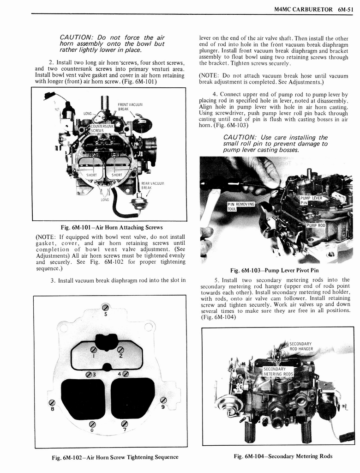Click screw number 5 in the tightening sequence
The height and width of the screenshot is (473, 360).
(105, 308)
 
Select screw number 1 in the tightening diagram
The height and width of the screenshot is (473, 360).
(94, 349)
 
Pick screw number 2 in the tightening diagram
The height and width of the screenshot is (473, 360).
(120, 349)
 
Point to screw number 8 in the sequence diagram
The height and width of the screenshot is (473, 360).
(52, 402)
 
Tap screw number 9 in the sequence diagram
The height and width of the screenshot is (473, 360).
(163, 400)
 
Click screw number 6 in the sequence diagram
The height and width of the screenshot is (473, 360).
(92, 424)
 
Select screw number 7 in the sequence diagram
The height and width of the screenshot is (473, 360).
(124, 424)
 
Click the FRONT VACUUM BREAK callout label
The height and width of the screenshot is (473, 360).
(129, 107)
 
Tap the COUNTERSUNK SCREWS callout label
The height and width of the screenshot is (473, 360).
(102, 128)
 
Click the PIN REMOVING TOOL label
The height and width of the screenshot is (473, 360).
(241, 206)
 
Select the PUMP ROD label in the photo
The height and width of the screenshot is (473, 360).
(316, 225)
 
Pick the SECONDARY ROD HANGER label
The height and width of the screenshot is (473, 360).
(301, 346)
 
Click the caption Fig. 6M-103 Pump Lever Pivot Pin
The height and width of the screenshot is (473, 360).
(274, 270)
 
